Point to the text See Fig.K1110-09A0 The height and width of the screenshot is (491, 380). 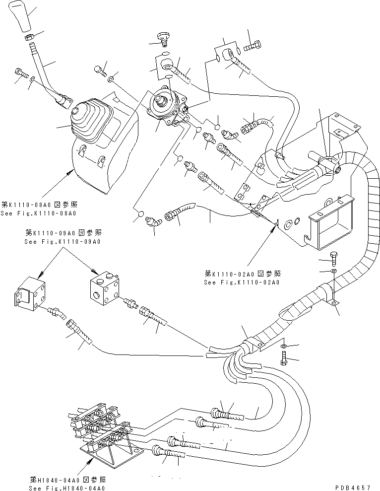[62, 241]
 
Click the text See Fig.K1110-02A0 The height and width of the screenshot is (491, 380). [242, 282]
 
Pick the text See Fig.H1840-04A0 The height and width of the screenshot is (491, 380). [67, 489]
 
